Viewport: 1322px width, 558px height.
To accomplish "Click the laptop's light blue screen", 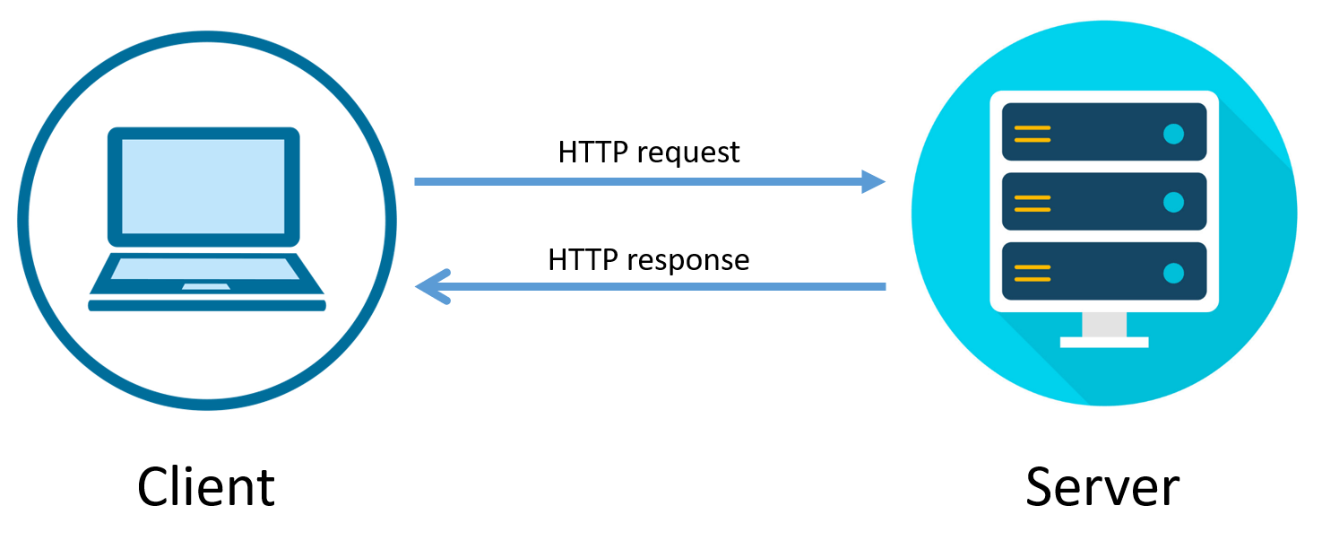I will coord(203,187).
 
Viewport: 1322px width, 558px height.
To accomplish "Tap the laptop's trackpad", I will coord(205,286).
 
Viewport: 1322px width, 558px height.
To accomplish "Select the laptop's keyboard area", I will coord(205,268).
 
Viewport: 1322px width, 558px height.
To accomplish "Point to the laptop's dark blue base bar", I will coord(206,307).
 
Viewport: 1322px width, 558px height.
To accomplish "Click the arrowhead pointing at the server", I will coord(873,182).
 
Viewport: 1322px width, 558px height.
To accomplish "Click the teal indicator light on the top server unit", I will coord(1173,134).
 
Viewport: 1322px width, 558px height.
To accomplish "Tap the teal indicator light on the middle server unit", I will coord(1173,203).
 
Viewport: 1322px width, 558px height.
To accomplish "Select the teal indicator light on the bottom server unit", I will coord(1173,272).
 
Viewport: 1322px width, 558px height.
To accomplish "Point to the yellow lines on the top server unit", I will coord(1032,134).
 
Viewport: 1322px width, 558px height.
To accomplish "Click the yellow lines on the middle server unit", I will coord(1032,203).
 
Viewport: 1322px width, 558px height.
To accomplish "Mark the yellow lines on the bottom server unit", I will coord(1032,272).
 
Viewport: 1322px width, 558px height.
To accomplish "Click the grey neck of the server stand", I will coord(1104,324).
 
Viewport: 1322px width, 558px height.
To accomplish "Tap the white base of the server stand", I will coord(1104,342).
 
